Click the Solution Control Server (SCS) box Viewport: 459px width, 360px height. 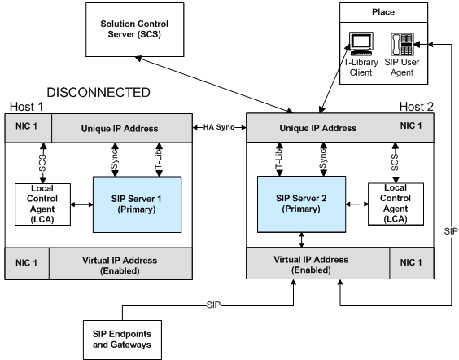(134, 29)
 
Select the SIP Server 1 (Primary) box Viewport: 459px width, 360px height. (137, 204)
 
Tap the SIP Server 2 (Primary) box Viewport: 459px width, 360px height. (301, 204)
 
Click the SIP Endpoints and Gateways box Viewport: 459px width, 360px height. (122, 340)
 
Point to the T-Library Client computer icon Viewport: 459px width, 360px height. (361, 44)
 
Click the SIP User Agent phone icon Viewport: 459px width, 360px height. (402, 44)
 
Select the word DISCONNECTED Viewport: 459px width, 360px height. (98, 93)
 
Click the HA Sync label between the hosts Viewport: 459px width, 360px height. (219, 127)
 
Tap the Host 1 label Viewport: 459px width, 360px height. (26, 107)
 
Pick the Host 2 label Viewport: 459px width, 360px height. (416, 107)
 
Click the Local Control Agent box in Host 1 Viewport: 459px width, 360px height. (43, 204)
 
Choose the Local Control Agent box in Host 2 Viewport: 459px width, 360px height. (396, 204)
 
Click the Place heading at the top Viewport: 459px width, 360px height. (383, 12)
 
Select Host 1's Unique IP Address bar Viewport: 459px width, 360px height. (122, 129)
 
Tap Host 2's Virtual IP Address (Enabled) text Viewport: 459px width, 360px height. (311, 265)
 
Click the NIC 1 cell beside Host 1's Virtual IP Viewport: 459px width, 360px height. (27, 263)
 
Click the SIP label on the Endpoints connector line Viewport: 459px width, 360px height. (213, 305)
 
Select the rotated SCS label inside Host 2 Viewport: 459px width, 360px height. (395, 163)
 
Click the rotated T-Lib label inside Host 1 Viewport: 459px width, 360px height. (159, 160)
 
